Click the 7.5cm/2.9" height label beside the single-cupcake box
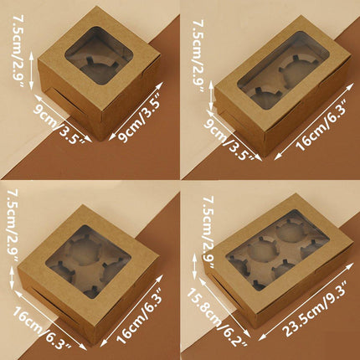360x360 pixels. tap(18, 51)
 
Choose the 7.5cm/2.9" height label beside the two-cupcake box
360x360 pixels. tap(198, 56)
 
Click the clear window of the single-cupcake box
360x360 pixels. tap(99, 56)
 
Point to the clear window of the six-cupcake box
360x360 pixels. tap(278, 250)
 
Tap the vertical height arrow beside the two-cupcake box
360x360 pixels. tap(211, 95)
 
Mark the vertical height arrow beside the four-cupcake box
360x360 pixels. tap(12, 278)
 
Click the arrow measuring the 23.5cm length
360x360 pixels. tap(306, 302)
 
